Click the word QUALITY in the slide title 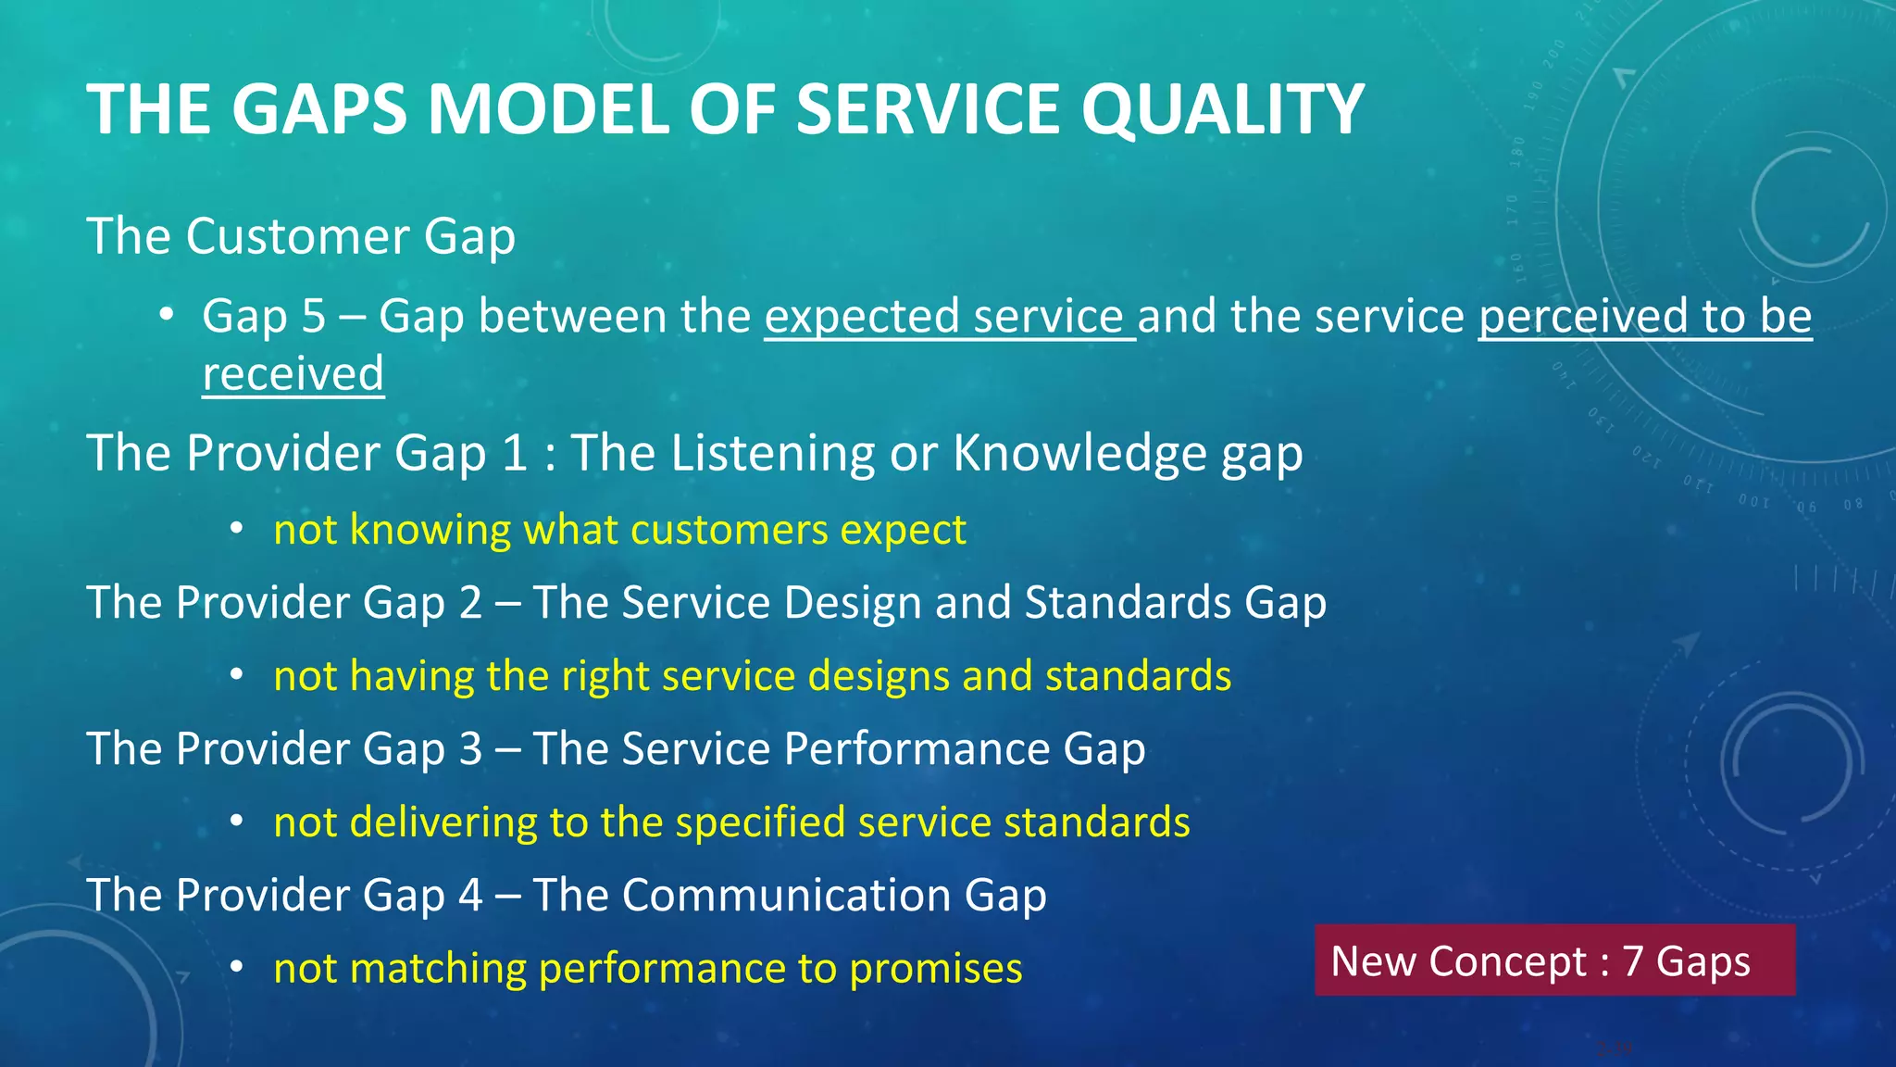coord(1222,110)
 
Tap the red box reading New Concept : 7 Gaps coord(1553,960)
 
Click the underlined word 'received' coord(293,374)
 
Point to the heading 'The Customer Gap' coord(301,237)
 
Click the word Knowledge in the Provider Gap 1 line coord(1079,454)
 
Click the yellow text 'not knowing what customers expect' coord(619,530)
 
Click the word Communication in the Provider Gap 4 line coord(787,896)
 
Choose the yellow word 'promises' coord(935,970)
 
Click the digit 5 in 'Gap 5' coord(314,317)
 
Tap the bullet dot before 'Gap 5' coord(166,315)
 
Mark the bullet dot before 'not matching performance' coord(237,967)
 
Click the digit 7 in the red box coord(1632,961)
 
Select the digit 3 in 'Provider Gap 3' coord(470,749)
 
